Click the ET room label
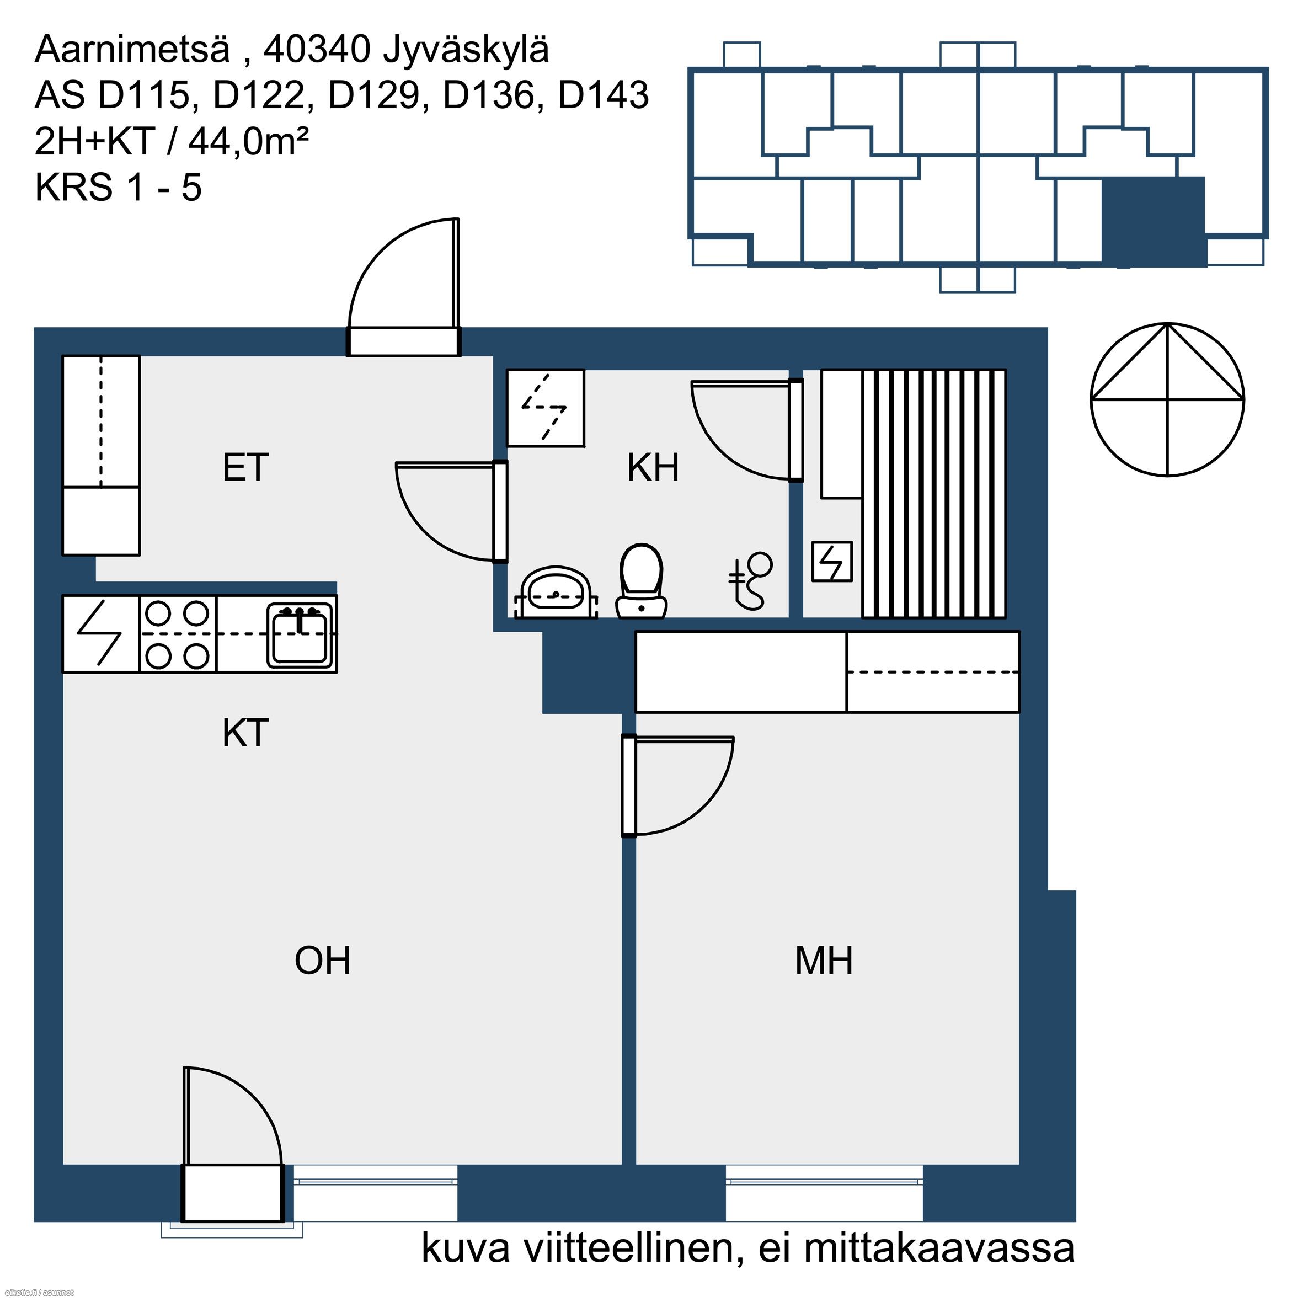pos(245,467)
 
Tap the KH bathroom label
pos(652,467)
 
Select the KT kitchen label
pos(245,733)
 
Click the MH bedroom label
pos(824,961)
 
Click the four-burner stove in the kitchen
pos(178,634)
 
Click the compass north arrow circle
pos(1167,399)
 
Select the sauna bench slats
pos(934,493)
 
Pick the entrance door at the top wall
pos(404,287)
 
